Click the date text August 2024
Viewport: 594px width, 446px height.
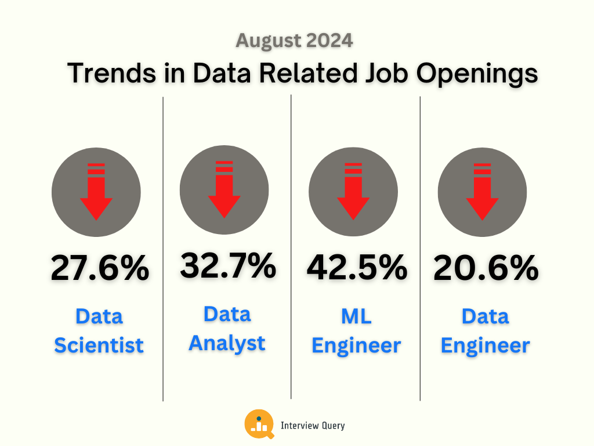[294, 41]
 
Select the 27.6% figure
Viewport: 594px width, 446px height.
[99, 269]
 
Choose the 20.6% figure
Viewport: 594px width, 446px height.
[486, 269]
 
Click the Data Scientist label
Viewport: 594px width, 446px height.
[99, 331]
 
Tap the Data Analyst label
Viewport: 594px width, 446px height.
[227, 328]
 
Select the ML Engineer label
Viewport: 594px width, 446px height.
[356, 331]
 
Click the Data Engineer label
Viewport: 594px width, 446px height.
[485, 331]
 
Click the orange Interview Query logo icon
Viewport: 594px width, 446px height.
[259, 425]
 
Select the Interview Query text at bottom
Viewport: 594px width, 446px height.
[313, 426]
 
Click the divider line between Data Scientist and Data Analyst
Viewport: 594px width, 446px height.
[163, 250]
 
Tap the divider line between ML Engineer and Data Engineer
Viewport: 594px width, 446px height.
[420, 250]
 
